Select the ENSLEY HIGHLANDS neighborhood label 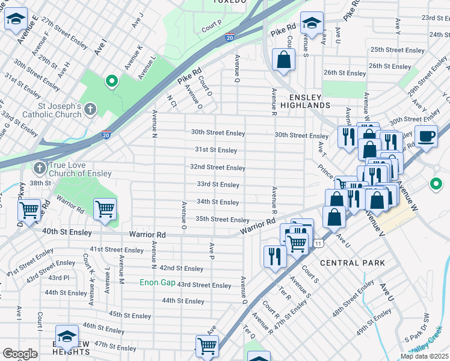[x=310, y=100]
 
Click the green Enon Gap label [x=157, y=282]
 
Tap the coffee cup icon [x=427, y=135]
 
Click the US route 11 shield [x=317, y=242]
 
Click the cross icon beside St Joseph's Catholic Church [x=90, y=110]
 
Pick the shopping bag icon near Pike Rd [x=283, y=60]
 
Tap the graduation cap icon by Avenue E [x=16, y=19]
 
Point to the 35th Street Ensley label [x=222, y=220]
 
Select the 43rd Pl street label [x=59, y=277]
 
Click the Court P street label [x=212, y=26]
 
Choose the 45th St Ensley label [x=129, y=314]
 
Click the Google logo [x=20, y=354]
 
